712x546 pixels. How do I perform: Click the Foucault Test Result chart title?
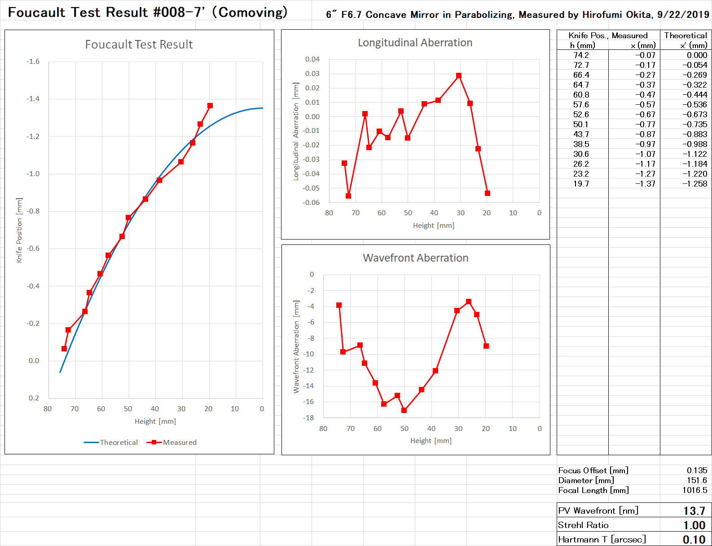(x=139, y=44)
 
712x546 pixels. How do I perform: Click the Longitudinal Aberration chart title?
(x=415, y=43)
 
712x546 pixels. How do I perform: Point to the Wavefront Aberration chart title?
(x=415, y=258)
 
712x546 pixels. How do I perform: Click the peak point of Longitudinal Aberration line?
(x=458, y=76)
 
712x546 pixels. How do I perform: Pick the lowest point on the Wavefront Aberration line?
(x=404, y=410)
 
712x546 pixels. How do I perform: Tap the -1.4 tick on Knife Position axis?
(x=33, y=99)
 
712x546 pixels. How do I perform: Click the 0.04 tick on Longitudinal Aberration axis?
(x=312, y=59)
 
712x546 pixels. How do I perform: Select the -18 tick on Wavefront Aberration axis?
(x=308, y=418)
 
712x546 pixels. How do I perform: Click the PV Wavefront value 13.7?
(x=694, y=511)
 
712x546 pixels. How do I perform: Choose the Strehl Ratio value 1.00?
(x=694, y=525)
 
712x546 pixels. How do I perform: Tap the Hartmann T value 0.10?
(x=694, y=540)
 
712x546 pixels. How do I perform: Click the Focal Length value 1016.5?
(x=694, y=490)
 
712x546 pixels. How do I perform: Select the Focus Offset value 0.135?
(x=697, y=471)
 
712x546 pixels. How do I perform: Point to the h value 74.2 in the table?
(x=581, y=55)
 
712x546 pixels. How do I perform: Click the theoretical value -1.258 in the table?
(x=694, y=184)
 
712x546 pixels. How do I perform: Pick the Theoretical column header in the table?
(x=686, y=36)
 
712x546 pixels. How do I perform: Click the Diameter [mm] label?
(x=586, y=480)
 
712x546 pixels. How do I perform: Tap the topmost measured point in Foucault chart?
(x=210, y=106)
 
